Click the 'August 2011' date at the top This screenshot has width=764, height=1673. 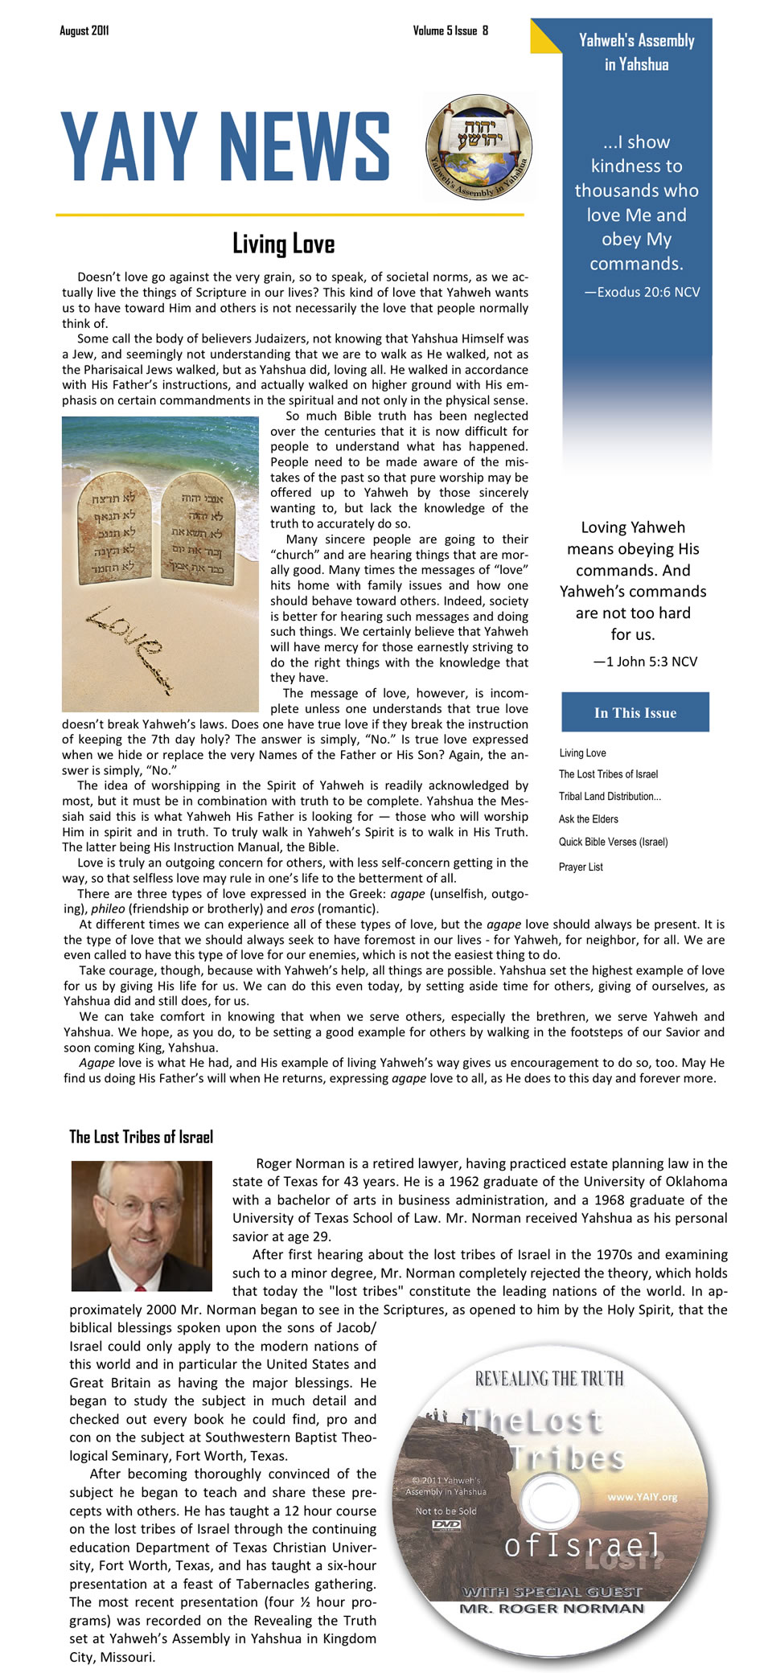coord(84,31)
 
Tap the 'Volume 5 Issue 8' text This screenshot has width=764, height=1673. coord(450,31)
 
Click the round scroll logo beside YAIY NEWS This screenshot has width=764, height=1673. coord(479,146)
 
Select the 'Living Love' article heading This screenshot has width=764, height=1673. coord(283,244)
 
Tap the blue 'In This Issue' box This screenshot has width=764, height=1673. coord(635,712)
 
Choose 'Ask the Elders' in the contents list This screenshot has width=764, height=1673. coord(589,819)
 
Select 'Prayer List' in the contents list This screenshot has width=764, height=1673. coord(581,867)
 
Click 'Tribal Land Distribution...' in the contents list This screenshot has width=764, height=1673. coord(610,797)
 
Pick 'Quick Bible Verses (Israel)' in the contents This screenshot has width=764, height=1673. coord(613,842)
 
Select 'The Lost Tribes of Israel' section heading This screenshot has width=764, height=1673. coord(141,1137)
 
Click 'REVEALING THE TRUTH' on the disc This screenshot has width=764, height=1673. coord(549,1380)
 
